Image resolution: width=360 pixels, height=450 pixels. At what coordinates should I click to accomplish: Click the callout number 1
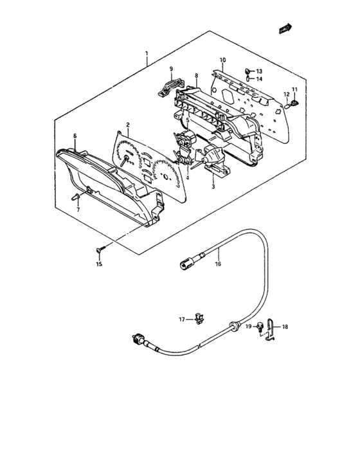point(147,53)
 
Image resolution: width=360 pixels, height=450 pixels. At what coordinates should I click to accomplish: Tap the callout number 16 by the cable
point(218,264)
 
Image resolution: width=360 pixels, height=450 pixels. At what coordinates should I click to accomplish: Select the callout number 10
point(223,60)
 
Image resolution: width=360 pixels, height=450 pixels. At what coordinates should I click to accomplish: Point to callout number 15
point(99,264)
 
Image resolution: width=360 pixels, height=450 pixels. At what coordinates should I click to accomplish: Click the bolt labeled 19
point(260,327)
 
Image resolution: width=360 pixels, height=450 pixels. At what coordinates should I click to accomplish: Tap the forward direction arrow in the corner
point(285,29)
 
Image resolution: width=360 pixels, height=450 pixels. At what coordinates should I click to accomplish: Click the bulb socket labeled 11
point(294,102)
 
